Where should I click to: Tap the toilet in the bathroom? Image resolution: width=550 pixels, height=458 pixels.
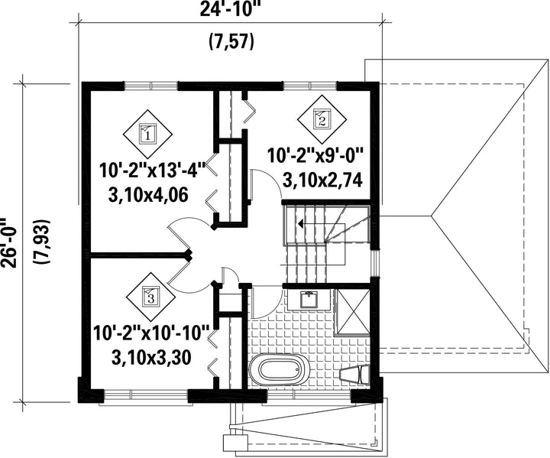[x=355, y=375]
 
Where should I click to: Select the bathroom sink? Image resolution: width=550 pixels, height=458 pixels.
[x=309, y=300]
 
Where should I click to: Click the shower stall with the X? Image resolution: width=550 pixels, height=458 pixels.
[x=352, y=313]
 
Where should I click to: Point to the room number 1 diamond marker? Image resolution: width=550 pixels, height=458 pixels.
[x=147, y=134]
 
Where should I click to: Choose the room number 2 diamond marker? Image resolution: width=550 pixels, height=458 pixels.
[x=322, y=119]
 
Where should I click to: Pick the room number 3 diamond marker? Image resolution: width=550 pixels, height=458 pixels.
[x=150, y=298]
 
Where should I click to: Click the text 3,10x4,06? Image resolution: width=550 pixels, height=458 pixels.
[x=149, y=195]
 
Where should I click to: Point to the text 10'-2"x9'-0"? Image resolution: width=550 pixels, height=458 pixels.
[x=315, y=155]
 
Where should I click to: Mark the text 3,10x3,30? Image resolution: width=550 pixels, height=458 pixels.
[x=151, y=358]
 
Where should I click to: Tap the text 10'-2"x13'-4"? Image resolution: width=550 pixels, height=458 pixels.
[x=152, y=171]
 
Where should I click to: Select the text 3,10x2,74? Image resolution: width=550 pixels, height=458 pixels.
[x=322, y=180]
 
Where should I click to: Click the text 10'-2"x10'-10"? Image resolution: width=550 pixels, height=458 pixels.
[x=151, y=332]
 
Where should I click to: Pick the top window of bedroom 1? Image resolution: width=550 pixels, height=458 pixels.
[x=151, y=86]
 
